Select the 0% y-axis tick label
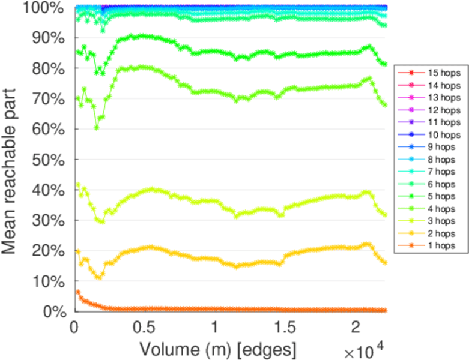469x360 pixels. point(52,311)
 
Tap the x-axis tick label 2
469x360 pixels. point(356,328)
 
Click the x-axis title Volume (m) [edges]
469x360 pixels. point(217,348)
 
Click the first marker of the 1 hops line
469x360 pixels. point(77,292)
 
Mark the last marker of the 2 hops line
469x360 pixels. point(384,263)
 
